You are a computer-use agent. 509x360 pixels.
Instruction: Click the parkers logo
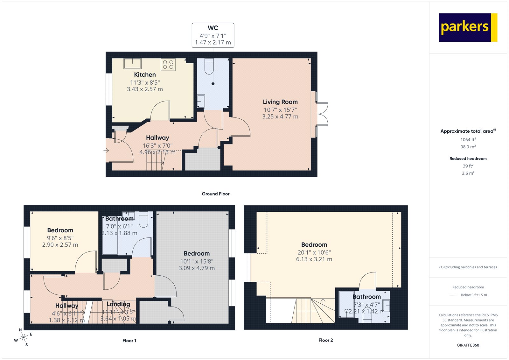(x=468, y=27)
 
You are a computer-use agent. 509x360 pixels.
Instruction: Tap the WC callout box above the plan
(x=213, y=35)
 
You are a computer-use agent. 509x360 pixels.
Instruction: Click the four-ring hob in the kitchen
(x=168, y=65)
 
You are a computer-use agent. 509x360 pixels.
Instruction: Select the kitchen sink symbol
(x=133, y=64)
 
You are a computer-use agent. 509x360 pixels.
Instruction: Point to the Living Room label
(x=280, y=102)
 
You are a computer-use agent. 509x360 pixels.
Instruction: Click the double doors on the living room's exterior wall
(x=322, y=114)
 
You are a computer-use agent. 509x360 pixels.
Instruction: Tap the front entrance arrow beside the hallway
(x=107, y=150)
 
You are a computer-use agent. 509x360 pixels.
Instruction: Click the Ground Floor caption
(x=215, y=194)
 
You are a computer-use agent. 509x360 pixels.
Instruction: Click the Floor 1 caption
(x=129, y=341)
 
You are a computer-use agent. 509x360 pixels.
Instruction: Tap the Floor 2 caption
(x=325, y=340)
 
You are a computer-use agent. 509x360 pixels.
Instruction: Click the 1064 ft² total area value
(x=468, y=139)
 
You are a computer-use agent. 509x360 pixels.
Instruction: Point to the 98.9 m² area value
(x=468, y=147)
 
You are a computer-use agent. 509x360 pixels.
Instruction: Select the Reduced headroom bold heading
(x=468, y=159)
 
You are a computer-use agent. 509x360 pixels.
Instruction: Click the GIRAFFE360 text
(x=468, y=345)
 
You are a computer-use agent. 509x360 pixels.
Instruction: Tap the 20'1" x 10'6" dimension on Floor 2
(x=314, y=252)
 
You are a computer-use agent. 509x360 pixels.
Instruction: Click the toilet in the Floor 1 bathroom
(x=144, y=220)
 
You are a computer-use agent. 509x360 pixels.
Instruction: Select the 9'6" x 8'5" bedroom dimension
(x=60, y=238)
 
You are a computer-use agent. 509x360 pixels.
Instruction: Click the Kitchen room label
(x=145, y=74)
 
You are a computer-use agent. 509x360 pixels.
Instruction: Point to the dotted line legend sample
(x=453, y=295)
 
